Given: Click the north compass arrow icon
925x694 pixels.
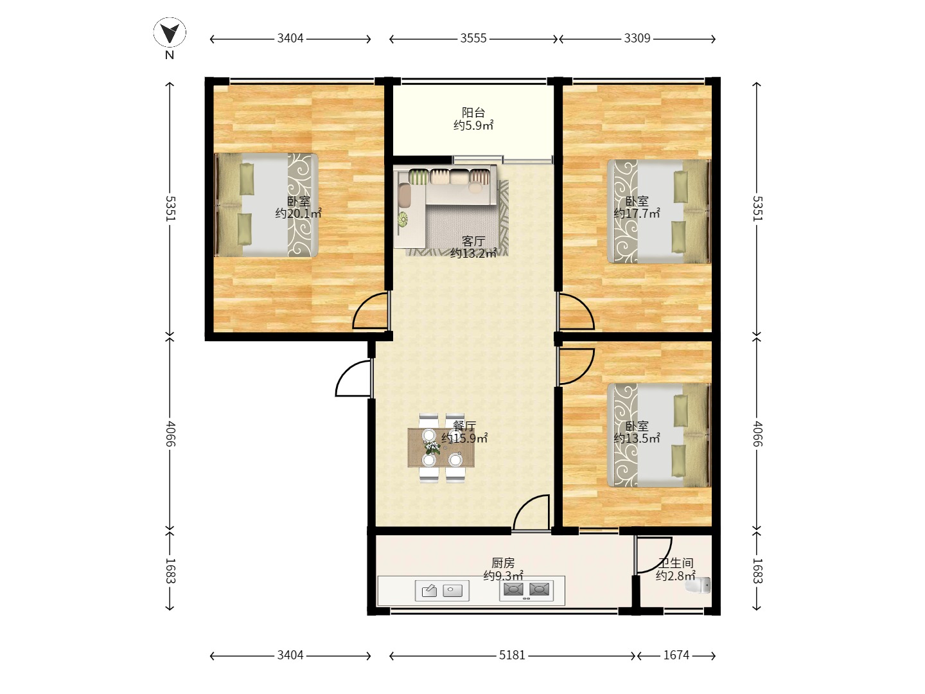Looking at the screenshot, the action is click(170, 32).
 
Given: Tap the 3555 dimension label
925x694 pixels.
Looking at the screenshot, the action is click(473, 39).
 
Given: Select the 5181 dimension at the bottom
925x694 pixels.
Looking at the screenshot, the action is click(512, 655).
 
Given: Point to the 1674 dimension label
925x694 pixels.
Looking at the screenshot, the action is click(676, 655).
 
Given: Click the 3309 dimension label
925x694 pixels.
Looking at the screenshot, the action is click(637, 39).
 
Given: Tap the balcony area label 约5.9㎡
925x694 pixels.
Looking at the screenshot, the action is click(473, 125).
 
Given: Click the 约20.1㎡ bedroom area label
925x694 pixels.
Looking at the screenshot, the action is click(298, 213).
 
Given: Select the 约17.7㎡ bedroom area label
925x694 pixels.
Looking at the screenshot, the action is click(637, 213).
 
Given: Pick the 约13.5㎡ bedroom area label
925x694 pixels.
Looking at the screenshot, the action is click(637, 438).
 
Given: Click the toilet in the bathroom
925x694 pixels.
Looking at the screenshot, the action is click(698, 585).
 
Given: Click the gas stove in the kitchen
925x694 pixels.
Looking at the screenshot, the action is click(526, 589).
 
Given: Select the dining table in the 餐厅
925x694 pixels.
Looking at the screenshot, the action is click(441, 448).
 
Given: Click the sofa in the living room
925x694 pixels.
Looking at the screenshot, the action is click(445, 206).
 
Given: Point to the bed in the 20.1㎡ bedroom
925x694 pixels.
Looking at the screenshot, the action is click(266, 205).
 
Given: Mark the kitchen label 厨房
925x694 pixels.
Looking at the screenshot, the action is click(503, 563).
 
